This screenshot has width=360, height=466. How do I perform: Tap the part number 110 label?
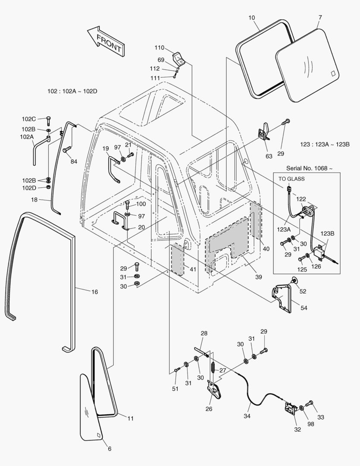point(160,47)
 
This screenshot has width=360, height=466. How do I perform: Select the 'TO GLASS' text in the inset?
point(291,178)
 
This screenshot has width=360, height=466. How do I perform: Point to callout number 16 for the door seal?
point(94,292)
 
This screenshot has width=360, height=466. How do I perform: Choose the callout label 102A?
point(27,136)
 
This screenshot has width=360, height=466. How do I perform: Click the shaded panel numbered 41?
point(177,258)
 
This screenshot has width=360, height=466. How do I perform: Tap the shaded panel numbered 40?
point(256,220)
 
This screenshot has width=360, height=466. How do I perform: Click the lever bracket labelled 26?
point(214,390)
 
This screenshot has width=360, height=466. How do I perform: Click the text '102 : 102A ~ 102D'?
point(72,91)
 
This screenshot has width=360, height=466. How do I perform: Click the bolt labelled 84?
point(66,150)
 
